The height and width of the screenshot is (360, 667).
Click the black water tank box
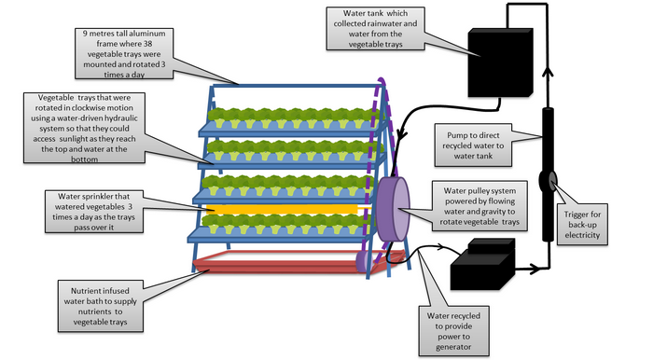tap(500, 62)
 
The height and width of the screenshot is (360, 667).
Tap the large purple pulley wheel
tap(393, 209)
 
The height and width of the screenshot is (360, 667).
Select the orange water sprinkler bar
tap(283, 209)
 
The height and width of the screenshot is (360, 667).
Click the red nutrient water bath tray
tap(298, 263)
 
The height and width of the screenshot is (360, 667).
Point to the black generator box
tap(483, 265)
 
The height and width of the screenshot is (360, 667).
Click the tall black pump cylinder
tap(548, 174)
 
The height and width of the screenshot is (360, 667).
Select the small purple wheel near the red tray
tap(363, 260)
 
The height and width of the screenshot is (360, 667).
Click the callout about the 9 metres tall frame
tap(124, 53)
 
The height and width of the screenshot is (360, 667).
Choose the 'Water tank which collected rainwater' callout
tap(375, 29)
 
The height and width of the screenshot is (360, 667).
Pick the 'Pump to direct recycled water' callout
tap(473, 145)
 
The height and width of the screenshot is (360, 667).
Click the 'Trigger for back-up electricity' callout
tap(582, 225)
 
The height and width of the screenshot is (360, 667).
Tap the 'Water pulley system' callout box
tap(479, 206)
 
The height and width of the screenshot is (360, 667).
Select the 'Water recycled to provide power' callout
tap(453, 331)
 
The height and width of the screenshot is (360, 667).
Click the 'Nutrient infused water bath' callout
tap(101, 306)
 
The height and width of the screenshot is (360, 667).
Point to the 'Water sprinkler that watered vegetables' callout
tap(94, 212)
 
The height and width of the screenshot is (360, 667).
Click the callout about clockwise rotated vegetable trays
tap(84, 128)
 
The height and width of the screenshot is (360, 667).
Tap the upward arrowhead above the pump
tap(549, 72)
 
